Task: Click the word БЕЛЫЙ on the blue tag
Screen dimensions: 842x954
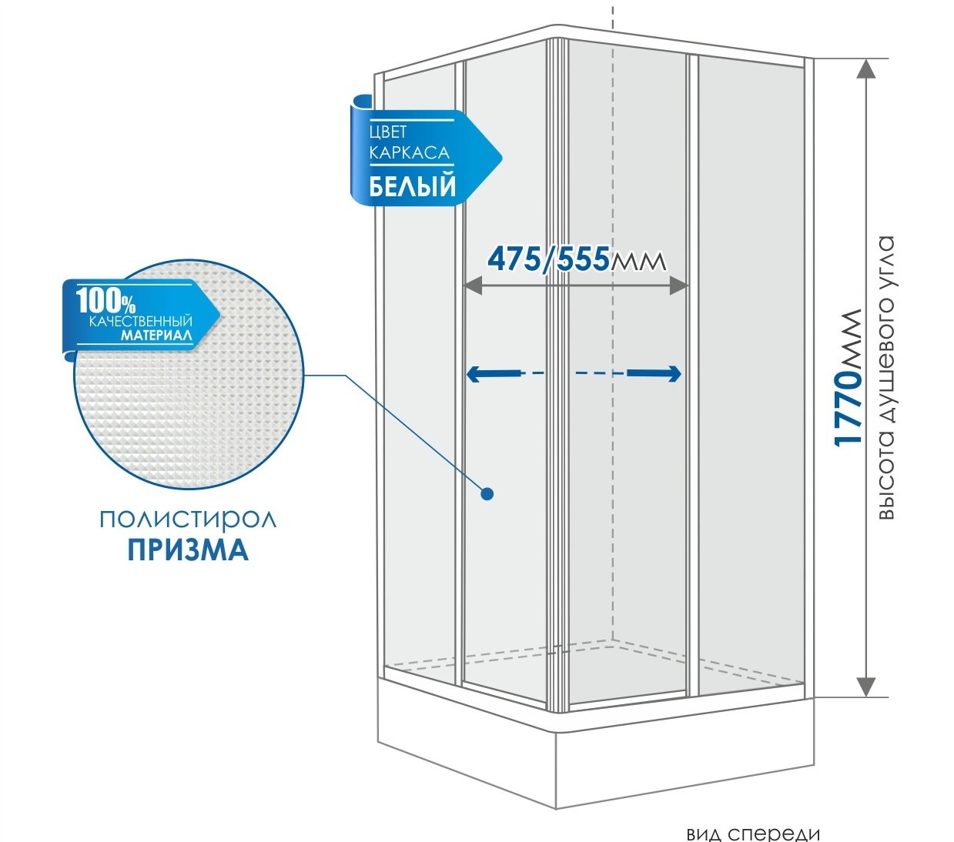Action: [412, 186]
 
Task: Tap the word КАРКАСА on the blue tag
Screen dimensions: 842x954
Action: [409, 152]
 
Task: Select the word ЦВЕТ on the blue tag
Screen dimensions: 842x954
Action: [388, 132]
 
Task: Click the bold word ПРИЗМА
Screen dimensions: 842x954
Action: [188, 550]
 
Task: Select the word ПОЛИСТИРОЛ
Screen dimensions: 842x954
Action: [188, 520]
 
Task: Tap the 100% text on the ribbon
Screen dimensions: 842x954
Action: [105, 301]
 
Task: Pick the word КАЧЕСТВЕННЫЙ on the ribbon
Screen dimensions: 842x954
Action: [141, 321]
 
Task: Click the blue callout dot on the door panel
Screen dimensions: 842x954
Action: [487, 494]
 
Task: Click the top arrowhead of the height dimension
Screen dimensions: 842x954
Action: [866, 68]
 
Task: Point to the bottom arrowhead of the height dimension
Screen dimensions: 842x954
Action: [866, 687]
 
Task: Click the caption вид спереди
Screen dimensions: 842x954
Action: [753, 834]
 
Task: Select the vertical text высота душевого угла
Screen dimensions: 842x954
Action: [886, 377]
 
